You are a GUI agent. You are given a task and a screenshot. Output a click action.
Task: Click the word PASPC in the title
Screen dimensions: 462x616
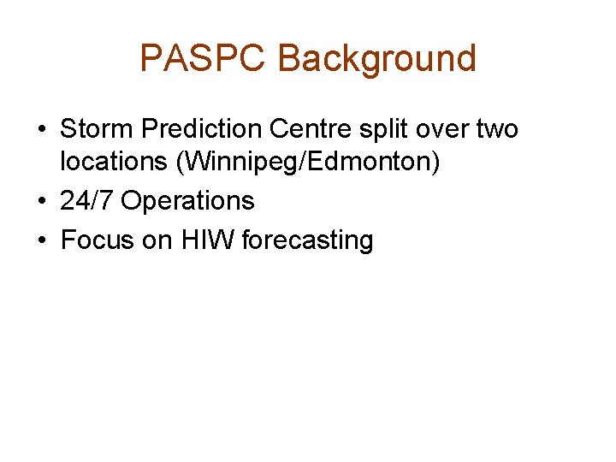(203, 58)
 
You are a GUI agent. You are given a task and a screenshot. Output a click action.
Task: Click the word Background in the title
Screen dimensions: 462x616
(377, 58)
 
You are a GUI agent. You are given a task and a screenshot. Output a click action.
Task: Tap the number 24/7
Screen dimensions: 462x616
(86, 201)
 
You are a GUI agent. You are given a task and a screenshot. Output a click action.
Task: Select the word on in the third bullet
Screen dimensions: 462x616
(157, 240)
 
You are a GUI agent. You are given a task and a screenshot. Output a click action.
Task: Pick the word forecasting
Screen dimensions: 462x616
(308, 240)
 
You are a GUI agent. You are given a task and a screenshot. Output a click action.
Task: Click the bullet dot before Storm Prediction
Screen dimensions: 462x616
(41, 130)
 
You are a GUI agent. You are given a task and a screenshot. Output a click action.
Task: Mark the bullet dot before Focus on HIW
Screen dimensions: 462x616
(41, 240)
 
